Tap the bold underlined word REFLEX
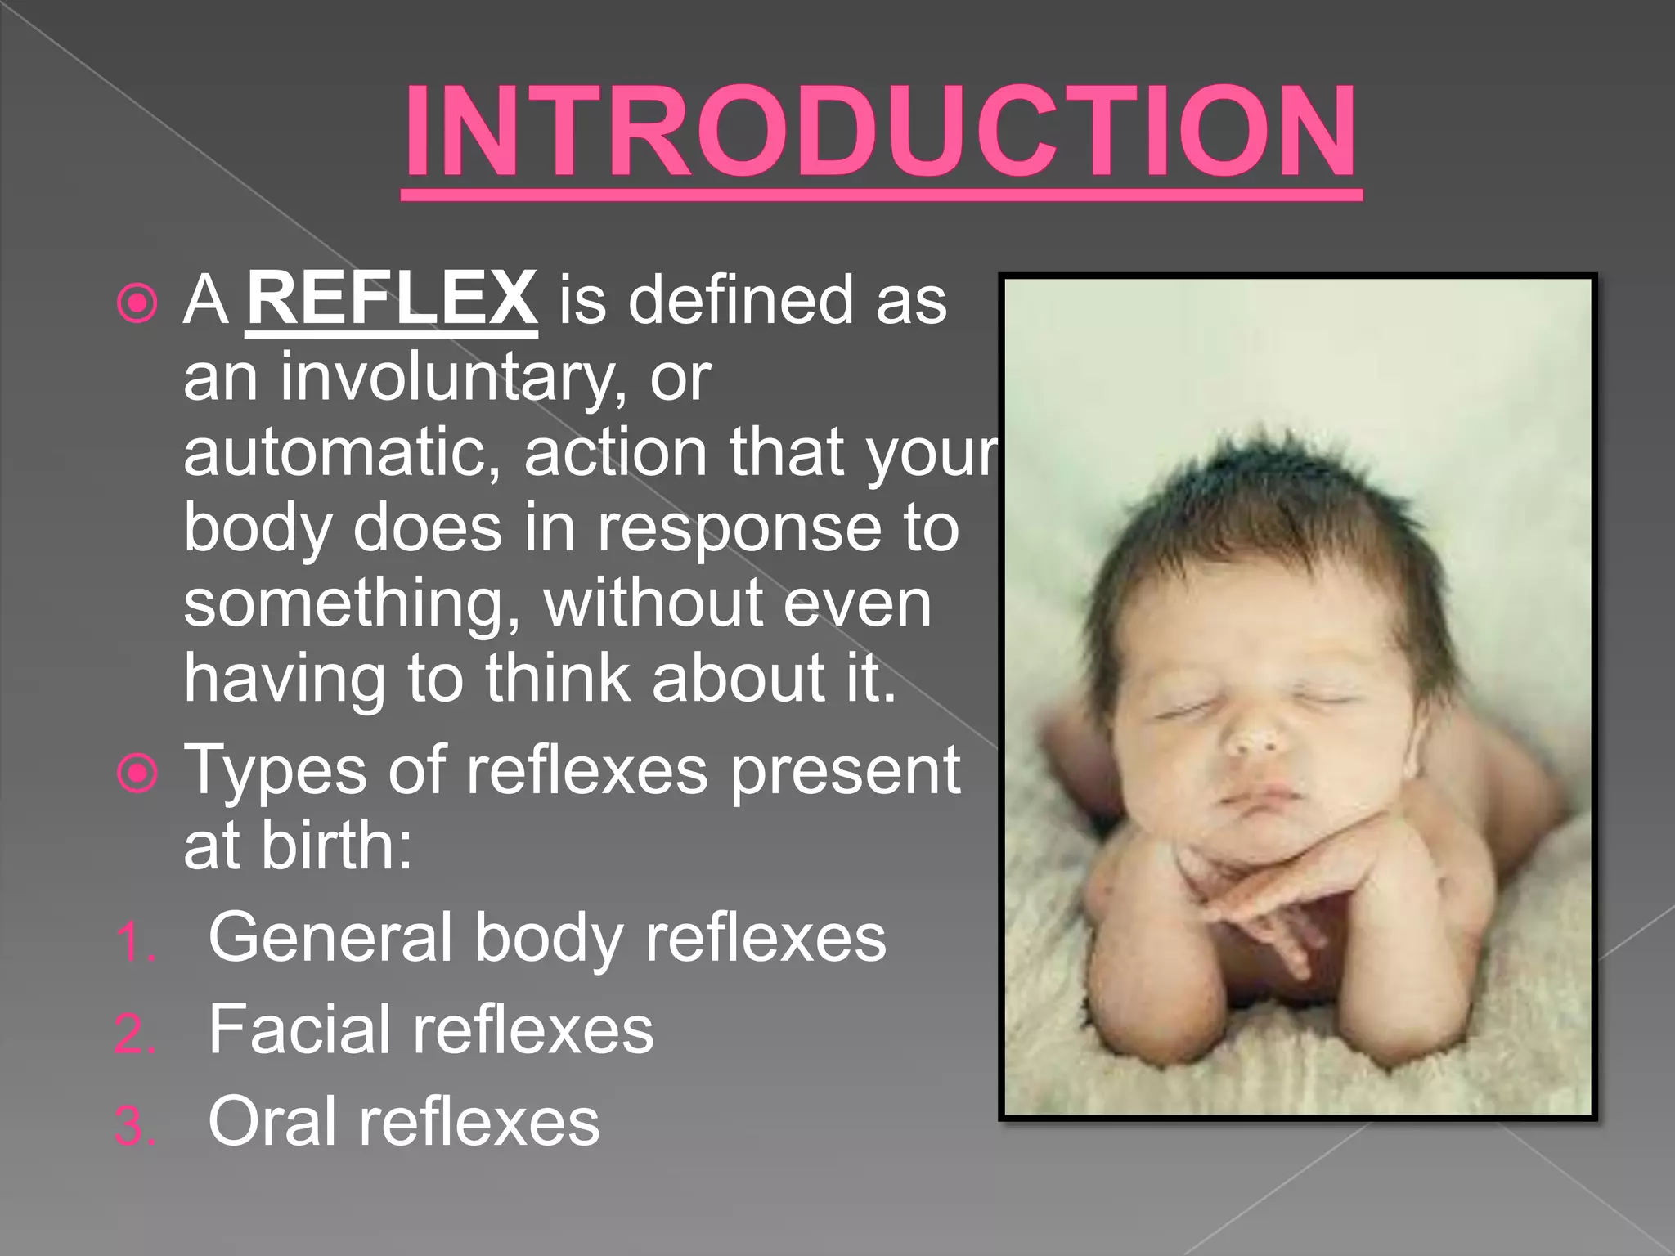pyautogui.click(x=392, y=299)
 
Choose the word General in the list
pyautogui.click(x=330, y=937)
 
